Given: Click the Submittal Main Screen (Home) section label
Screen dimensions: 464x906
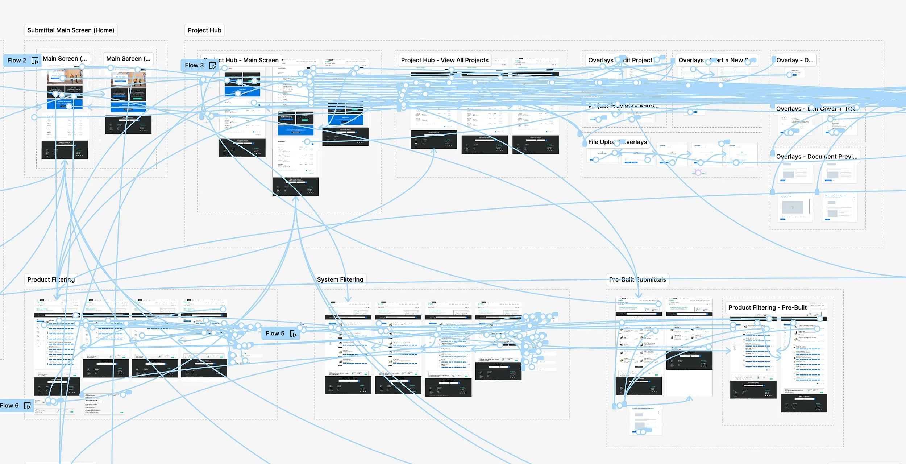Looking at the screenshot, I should click(71, 30).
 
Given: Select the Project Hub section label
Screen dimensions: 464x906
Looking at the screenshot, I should click(204, 30).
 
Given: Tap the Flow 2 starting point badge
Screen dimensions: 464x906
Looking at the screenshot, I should click(17, 61).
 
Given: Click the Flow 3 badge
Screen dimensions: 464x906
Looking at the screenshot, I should click(194, 65).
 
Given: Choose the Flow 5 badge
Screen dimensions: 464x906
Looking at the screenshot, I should click(275, 333).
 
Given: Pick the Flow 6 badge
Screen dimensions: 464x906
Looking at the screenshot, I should click(9, 406).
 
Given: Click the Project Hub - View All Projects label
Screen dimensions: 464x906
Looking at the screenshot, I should click(445, 60).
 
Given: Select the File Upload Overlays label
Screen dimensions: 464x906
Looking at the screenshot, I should click(617, 142).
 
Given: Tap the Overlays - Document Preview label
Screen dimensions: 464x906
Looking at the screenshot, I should click(816, 157).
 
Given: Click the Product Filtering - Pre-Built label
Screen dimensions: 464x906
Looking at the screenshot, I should click(767, 308).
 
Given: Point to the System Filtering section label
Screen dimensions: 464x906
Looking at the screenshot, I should click(340, 280).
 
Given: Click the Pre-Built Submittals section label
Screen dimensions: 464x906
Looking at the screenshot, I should click(637, 280).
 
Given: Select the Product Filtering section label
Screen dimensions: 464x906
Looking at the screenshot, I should click(51, 280).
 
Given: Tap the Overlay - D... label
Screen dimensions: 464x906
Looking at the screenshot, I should click(794, 60).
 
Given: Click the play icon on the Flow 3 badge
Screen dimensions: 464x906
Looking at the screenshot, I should click(213, 66).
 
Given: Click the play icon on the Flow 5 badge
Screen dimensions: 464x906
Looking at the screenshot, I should click(293, 334).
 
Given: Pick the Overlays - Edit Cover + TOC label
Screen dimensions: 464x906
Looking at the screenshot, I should click(815, 109).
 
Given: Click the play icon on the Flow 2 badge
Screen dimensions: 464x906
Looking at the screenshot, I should click(35, 61).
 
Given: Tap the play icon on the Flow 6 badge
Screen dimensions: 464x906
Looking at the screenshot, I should click(28, 406).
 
